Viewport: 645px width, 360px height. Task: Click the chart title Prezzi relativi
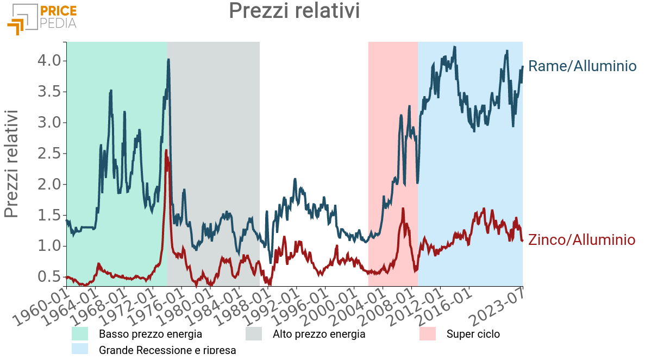pos(294,11)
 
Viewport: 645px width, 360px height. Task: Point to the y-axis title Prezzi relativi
pos(12,163)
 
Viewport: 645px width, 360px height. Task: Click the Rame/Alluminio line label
pos(582,67)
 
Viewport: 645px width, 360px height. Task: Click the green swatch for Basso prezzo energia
pos(80,334)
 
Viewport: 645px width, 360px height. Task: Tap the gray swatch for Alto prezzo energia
pos(254,334)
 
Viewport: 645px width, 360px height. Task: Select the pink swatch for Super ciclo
pos(428,334)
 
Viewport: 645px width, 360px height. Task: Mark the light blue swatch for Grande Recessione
pos(80,349)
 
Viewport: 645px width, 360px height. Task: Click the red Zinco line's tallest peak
pos(166,150)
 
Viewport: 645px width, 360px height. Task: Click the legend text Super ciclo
pos(473,334)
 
